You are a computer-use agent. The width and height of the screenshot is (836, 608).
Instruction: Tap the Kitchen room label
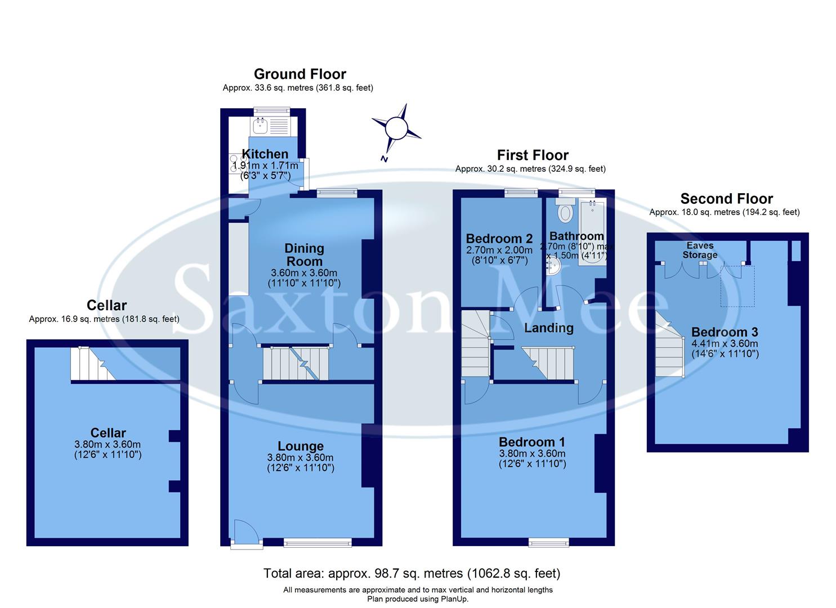click(x=265, y=154)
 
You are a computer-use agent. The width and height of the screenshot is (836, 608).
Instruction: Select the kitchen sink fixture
click(x=262, y=126)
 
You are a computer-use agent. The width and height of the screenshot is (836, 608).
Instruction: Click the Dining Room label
click(x=304, y=254)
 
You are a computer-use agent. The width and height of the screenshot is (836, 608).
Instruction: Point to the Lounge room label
click(x=301, y=446)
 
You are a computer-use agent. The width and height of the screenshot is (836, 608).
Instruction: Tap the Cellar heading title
click(x=106, y=305)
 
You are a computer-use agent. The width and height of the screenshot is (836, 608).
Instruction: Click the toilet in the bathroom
click(x=565, y=212)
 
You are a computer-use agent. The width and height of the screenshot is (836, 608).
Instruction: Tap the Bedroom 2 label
click(x=499, y=239)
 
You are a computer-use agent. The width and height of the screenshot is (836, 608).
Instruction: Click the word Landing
click(x=548, y=328)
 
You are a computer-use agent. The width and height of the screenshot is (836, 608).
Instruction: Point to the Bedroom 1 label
click(x=531, y=442)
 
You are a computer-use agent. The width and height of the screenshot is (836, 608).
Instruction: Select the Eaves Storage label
click(x=700, y=250)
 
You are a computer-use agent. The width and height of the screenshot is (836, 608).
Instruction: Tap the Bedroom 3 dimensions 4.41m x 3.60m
click(x=725, y=343)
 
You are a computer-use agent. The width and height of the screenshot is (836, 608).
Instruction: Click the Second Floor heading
click(x=726, y=199)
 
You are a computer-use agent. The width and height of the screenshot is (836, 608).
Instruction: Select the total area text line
click(x=412, y=573)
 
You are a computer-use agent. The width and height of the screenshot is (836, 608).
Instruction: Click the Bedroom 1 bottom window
click(x=548, y=542)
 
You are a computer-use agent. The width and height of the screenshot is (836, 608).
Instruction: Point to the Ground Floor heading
click(x=299, y=74)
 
